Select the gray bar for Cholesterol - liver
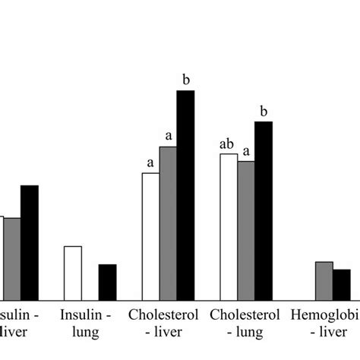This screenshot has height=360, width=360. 168,223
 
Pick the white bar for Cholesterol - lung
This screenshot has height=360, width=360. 229,227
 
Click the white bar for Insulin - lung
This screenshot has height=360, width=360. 73,273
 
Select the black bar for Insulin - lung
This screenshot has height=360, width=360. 108,282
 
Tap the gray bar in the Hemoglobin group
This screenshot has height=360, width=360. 324,280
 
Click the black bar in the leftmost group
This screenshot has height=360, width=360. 30,242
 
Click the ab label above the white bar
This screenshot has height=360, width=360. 227,143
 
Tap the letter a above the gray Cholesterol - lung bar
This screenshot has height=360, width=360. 246,150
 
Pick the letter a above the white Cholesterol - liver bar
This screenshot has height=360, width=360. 150,163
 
